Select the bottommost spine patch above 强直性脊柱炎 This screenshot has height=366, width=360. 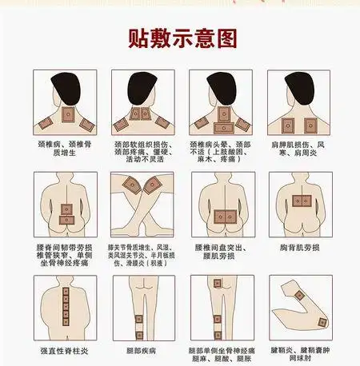tap(64, 329)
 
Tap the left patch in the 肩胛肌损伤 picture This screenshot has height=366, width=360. tap(287, 125)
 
